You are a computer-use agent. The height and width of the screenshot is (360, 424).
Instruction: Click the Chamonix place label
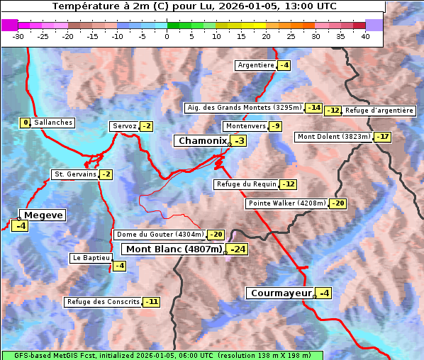coord(202,141)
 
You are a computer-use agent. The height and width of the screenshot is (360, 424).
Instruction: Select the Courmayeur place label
coord(281,293)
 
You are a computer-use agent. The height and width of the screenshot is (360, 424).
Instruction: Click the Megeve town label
coord(43,215)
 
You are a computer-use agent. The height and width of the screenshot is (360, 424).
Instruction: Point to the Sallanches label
coord(52,123)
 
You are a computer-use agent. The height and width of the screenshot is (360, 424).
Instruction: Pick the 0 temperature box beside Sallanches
coord(26,123)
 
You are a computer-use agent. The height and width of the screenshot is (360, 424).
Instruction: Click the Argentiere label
coord(256,65)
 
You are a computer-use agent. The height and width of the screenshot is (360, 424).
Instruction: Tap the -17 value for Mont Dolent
coord(383,137)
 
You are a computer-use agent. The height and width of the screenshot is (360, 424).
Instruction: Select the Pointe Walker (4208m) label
coord(286,203)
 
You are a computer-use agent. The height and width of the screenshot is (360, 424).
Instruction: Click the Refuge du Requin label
coord(246,184)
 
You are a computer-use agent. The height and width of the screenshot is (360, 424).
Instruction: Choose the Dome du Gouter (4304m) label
coord(160,235)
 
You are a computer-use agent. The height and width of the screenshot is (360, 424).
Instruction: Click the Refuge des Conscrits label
coord(103,302)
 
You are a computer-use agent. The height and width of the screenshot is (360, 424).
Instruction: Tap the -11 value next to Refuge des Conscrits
coord(151,302)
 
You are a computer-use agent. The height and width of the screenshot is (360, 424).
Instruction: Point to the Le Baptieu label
coord(90,259)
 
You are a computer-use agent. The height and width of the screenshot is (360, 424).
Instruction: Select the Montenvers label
coord(245,126)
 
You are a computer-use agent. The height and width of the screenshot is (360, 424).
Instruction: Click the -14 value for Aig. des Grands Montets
coord(313,108)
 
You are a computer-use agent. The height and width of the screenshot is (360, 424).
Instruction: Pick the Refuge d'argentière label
coord(379,111)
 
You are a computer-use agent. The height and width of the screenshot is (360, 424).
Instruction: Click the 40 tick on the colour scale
coord(365,36)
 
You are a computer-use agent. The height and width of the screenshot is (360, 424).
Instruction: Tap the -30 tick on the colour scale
coord(18,36)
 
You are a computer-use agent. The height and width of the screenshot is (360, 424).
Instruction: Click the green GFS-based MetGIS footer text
coord(162,355)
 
